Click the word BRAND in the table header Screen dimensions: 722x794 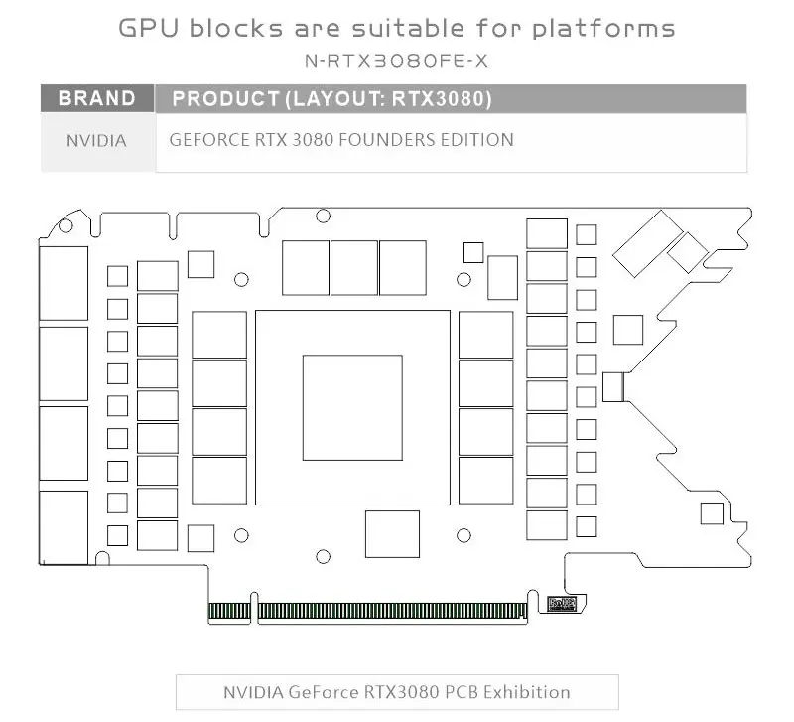click(x=97, y=99)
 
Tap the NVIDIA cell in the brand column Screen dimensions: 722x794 click(x=96, y=141)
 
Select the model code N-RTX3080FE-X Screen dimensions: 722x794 click(x=397, y=62)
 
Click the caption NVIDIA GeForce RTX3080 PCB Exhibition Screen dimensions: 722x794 click(x=397, y=691)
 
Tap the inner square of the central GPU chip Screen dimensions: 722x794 click(x=352, y=407)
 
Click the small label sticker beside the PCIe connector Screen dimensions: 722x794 click(x=562, y=602)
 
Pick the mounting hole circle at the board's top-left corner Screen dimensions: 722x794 click(x=66, y=226)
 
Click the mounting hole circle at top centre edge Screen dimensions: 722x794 click(x=323, y=216)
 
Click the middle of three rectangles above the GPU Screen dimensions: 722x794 click(x=354, y=267)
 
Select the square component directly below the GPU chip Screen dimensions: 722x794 click(x=392, y=534)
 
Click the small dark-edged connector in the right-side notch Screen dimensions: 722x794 click(x=613, y=387)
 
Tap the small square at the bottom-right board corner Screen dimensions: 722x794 click(x=711, y=513)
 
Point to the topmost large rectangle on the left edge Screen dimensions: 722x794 click(x=64, y=283)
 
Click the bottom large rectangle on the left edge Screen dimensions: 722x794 click(x=64, y=527)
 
